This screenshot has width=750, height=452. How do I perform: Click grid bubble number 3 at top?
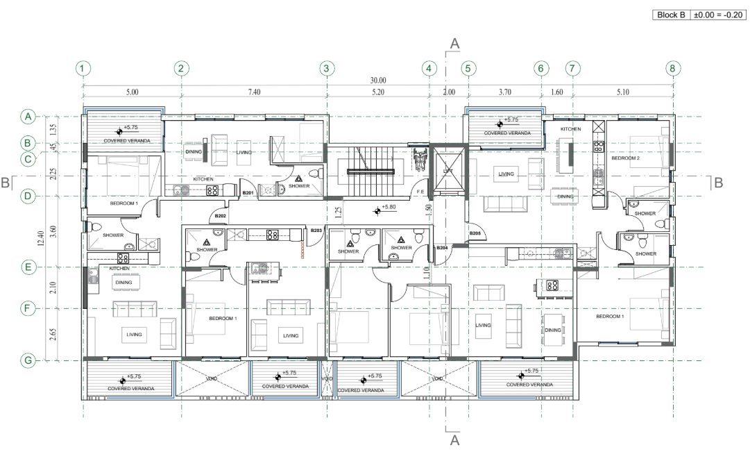pyautogui.click(x=327, y=68)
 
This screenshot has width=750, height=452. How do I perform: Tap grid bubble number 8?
pyautogui.click(x=672, y=68)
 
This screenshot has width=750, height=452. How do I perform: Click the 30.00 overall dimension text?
pyautogui.click(x=378, y=81)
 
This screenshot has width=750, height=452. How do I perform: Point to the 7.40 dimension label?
pyautogui.click(x=253, y=92)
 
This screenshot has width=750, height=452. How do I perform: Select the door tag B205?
pyautogui.click(x=475, y=233)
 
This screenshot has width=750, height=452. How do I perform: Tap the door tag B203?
pyautogui.click(x=316, y=230)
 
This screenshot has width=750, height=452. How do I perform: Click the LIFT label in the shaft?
pyautogui.click(x=448, y=171)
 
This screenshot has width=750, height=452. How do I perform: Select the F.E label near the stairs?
pyautogui.click(x=420, y=191)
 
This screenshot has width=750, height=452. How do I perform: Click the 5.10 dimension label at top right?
pyautogui.click(x=622, y=92)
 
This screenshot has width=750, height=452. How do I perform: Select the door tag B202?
pyautogui.click(x=221, y=216)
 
